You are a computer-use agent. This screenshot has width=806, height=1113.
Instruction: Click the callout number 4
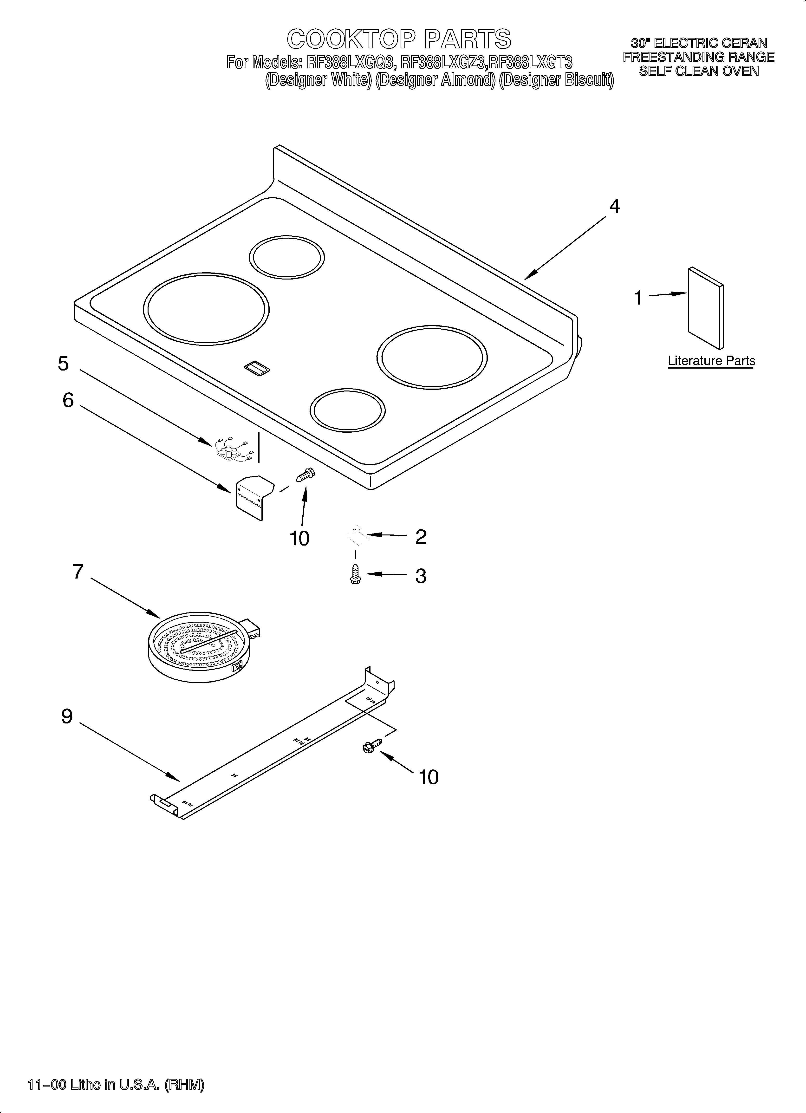tap(614, 207)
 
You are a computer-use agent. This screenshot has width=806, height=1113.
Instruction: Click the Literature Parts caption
tap(711, 361)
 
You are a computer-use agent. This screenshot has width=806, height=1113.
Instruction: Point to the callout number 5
tap(63, 364)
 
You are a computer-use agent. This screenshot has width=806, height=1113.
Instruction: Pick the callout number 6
tap(68, 400)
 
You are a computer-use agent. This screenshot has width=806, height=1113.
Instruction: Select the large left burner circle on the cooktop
tap(206, 309)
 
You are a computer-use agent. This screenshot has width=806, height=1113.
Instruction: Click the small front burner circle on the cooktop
tap(348, 410)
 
